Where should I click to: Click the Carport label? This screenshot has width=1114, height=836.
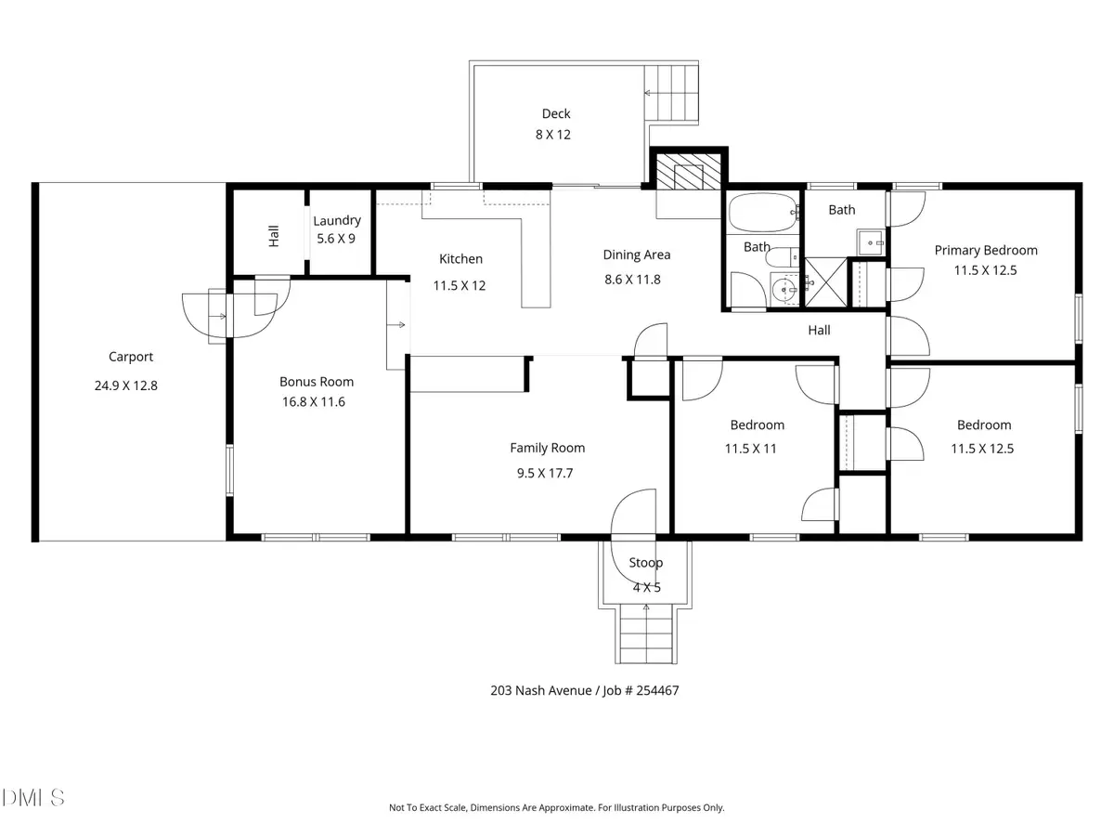[130, 357]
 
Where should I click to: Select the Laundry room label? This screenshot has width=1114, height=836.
[336, 221]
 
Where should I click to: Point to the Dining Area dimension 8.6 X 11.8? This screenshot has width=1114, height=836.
[636, 279]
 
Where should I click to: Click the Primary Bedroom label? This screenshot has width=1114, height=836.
[985, 250]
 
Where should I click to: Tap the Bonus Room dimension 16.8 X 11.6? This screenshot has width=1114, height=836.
[316, 402]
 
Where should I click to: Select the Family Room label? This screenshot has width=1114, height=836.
[547, 448]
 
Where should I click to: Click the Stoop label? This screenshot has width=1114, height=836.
[645, 563]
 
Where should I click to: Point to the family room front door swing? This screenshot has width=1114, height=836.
[631, 513]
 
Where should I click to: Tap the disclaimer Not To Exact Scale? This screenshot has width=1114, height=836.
[556, 808]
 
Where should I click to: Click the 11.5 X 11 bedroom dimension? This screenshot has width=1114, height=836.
[757, 448]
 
